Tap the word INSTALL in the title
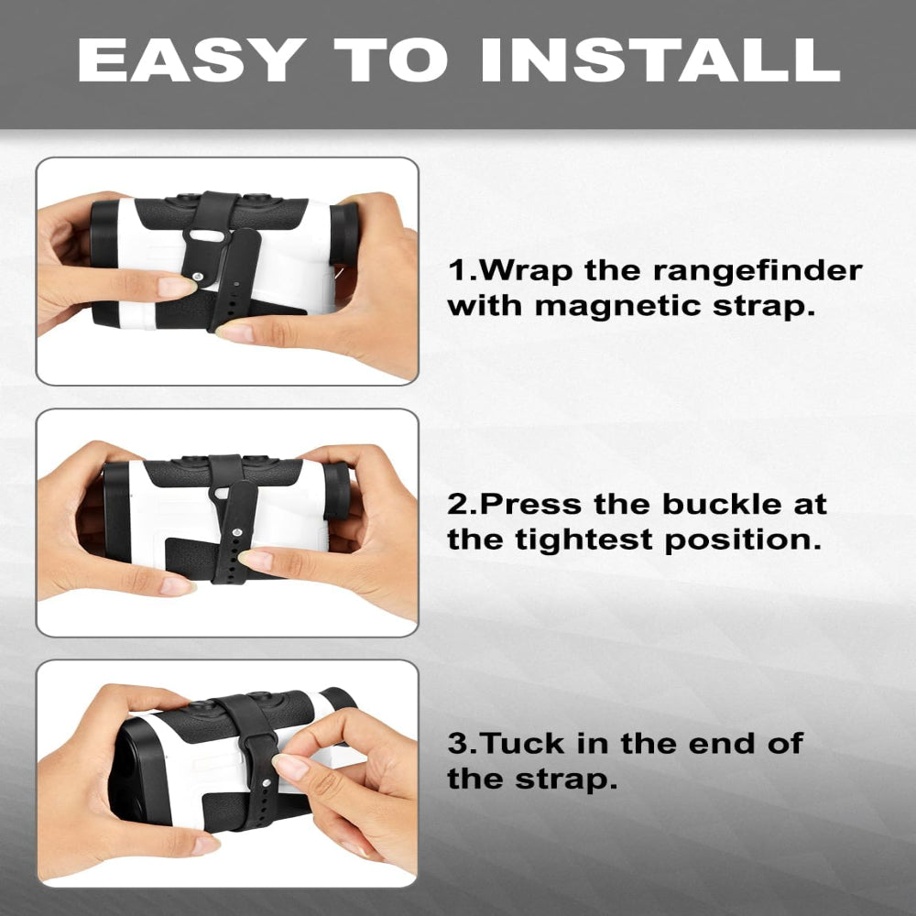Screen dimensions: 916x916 tap(660, 60)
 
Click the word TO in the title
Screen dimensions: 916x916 tap(391, 60)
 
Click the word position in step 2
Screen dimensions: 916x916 tap(743, 540)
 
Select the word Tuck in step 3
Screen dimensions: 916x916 tap(523, 744)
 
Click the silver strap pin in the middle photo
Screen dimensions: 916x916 tap(238, 532)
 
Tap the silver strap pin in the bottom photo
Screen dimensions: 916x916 tap(267, 782)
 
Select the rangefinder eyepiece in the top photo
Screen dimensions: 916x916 tap(344, 234)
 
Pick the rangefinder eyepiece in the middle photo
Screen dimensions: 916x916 tap(336, 492)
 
